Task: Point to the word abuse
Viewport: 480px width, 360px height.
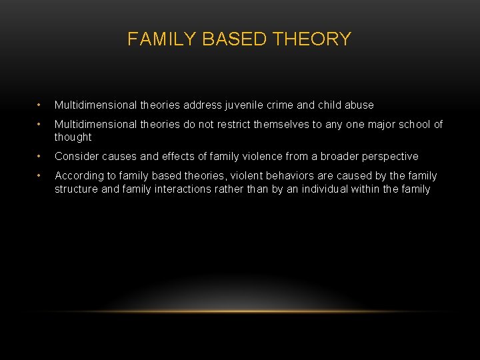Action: pyautogui.click(x=359, y=105)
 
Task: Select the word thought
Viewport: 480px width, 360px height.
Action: pyautogui.click(x=73, y=137)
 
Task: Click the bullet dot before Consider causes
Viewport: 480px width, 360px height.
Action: pyautogui.click(x=39, y=157)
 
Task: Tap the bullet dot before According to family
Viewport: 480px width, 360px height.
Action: pyautogui.click(x=39, y=176)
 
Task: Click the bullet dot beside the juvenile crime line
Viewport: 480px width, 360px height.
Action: pyautogui.click(x=39, y=105)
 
